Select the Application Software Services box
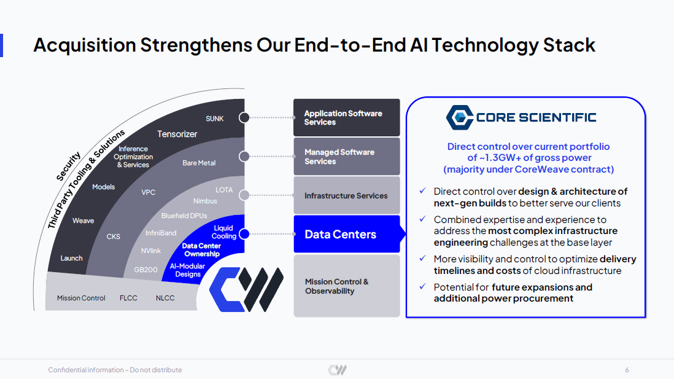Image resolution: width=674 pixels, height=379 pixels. pyautogui.click(x=346, y=117)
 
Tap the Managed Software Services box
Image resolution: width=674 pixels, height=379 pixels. pyautogui.click(x=346, y=157)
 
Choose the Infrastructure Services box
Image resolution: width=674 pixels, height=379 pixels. pyautogui.click(x=346, y=195)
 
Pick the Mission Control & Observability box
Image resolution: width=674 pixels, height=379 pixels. pyautogui.click(x=346, y=286)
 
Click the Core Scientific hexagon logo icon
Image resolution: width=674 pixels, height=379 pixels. pyautogui.click(x=460, y=117)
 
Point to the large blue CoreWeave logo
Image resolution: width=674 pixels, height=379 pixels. pyautogui.click(x=246, y=289)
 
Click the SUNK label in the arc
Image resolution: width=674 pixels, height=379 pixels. pyautogui.click(x=214, y=119)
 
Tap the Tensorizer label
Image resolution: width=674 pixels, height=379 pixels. pyautogui.click(x=177, y=135)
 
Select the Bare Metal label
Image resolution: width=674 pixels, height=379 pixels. pyautogui.click(x=199, y=163)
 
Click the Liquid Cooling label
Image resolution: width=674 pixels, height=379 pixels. pyautogui.click(x=224, y=232)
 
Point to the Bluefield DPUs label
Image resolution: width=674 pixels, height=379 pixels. pyautogui.click(x=184, y=216)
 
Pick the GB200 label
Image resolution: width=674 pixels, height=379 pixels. pyautogui.click(x=145, y=270)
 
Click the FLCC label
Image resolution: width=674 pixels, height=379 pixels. pyautogui.click(x=128, y=298)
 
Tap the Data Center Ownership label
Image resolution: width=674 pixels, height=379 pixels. pyautogui.click(x=201, y=250)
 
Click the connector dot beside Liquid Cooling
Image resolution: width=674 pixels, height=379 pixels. pyautogui.click(x=244, y=234)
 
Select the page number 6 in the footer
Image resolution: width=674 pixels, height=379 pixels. pyautogui.click(x=627, y=370)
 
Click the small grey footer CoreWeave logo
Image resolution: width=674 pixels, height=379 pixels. pyautogui.click(x=338, y=370)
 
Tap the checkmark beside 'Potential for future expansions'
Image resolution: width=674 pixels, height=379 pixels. pyautogui.click(x=423, y=286)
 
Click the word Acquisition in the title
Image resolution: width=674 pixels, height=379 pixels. pyautogui.click(x=85, y=45)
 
